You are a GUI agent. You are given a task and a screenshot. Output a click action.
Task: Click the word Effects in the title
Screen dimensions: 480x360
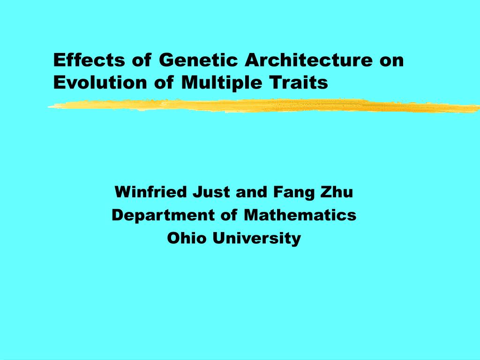point(89,60)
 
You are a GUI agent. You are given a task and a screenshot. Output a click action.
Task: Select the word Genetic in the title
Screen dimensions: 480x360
point(198,60)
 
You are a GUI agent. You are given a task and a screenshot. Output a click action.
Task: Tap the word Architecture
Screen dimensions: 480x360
point(308,60)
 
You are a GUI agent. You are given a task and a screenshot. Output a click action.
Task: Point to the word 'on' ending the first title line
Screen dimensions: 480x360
point(392,61)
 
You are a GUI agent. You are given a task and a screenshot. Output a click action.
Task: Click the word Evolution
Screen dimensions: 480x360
point(100,82)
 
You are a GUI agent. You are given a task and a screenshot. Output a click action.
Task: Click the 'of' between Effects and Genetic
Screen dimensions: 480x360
point(142,60)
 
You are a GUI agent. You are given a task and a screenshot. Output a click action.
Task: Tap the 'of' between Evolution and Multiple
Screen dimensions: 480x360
point(164,82)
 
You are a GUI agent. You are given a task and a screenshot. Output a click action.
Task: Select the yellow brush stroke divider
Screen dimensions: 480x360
point(264,106)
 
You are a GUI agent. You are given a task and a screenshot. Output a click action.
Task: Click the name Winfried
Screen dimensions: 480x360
point(150,192)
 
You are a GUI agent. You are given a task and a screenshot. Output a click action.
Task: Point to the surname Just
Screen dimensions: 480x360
point(211,192)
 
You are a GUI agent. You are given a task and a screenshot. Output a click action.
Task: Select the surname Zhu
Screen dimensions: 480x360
point(337,192)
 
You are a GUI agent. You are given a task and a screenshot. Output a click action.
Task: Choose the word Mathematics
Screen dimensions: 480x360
point(300,215)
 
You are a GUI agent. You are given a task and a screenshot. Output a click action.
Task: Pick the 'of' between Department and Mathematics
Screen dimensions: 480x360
point(229,215)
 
